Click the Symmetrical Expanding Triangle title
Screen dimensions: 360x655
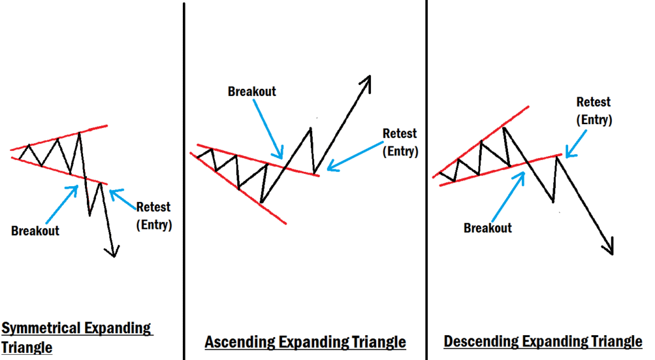(77, 338)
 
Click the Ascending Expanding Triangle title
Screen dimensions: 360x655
(305, 342)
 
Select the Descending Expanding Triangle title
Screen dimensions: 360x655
(542, 341)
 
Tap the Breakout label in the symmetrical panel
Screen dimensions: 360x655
(35, 231)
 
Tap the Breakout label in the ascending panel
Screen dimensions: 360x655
(252, 91)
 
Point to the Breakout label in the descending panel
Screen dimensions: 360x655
(487, 228)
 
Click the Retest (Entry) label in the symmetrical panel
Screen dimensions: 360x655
(154, 215)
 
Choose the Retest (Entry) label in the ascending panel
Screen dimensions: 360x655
(400, 143)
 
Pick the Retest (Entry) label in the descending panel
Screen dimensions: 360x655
(594, 111)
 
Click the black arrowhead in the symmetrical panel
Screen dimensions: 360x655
(114, 251)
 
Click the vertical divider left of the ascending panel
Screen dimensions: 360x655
(184, 179)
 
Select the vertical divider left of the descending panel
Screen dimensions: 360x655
(426, 179)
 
